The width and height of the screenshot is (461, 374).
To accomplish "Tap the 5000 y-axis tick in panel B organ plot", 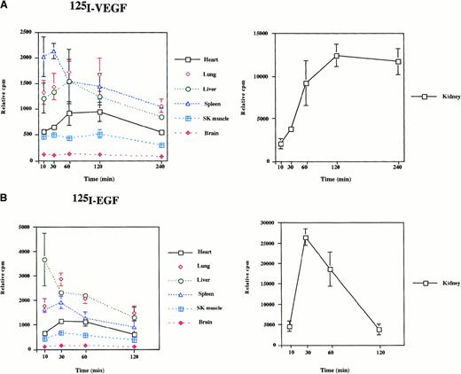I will pyautogui.click(x=27, y=226).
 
